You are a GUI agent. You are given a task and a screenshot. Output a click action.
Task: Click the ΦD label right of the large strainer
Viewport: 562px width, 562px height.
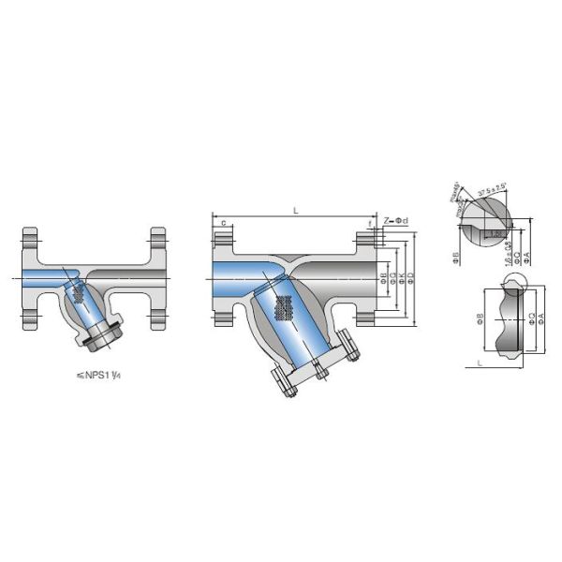[x=412, y=277]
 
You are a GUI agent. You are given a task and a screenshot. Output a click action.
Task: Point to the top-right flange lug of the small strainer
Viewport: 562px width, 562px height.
[x=157, y=235]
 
